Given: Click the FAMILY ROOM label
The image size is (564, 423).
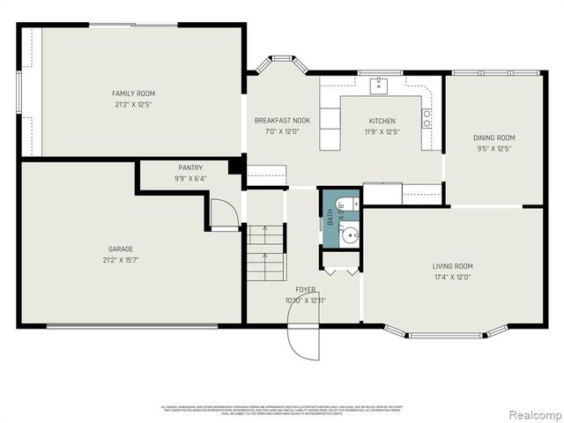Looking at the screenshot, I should click(133, 93).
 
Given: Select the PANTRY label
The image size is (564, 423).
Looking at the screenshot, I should click(190, 167).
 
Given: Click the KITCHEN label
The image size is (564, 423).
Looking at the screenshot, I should click(382, 121).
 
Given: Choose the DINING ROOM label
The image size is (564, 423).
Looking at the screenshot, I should click(493, 137).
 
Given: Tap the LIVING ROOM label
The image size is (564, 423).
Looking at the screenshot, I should click(452, 266).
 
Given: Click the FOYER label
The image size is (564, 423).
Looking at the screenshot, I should click(305, 290).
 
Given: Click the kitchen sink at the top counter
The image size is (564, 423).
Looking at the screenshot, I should click(378, 85).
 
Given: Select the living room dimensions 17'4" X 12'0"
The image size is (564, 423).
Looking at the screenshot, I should click(452, 278).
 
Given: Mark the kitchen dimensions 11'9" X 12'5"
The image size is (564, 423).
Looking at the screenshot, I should click(382, 132).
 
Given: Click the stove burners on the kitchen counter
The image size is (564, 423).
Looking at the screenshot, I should click(427, 118).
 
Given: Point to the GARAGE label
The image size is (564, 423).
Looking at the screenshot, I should click(120, 249).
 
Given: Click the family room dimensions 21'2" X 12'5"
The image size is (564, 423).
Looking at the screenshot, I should click(133, 104).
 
